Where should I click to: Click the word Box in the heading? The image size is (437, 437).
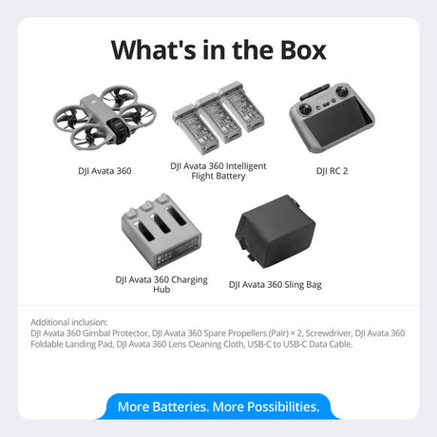303,50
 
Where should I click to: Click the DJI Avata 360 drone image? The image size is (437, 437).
104,119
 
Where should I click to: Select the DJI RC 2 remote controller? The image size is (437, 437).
332,117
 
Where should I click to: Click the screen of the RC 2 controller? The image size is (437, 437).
338,123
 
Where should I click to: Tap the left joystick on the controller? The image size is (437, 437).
305,107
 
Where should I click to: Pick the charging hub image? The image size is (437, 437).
161,232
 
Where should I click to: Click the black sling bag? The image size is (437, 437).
275,231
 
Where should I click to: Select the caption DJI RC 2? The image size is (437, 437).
332,171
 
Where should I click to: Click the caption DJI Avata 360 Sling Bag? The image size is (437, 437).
275,285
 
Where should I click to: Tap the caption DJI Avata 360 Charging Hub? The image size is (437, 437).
161,284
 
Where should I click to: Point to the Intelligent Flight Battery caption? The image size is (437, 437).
218,171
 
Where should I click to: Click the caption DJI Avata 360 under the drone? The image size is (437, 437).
104,171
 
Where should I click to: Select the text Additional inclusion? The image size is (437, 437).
69,322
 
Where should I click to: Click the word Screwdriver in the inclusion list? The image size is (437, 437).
329,333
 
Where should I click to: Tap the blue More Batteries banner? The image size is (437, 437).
218,407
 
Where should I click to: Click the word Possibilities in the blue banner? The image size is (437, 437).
281,407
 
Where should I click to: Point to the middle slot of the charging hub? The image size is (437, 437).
161,224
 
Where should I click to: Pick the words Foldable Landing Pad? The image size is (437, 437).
71,344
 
